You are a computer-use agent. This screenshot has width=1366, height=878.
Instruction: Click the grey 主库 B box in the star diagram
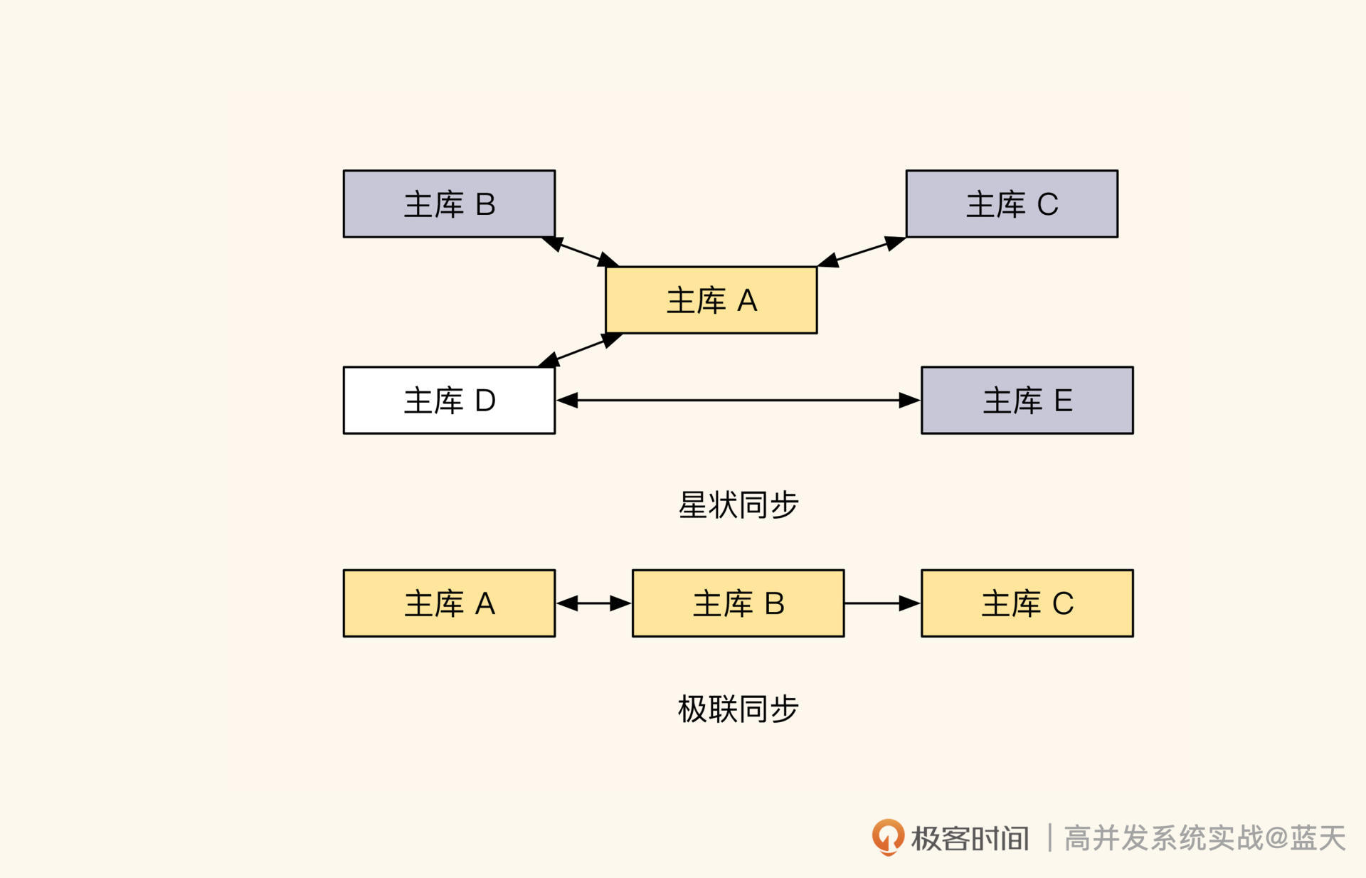coord(449,203)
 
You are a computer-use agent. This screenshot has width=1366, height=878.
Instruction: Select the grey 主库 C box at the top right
coord(1011,203)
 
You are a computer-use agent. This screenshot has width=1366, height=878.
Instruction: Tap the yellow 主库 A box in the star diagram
coord(711,300)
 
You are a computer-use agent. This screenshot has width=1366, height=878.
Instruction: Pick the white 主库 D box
coord(449,400)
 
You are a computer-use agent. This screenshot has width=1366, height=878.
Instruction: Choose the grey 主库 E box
coord(1027,400)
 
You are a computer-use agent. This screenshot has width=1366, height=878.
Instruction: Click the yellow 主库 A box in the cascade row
coord(449,603)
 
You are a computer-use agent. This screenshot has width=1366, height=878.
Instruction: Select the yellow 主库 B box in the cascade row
coord(738,603)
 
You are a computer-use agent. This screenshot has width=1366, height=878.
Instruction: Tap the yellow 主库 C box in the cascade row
coord(1027,603)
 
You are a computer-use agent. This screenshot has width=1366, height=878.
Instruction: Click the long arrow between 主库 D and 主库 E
coord(738,400)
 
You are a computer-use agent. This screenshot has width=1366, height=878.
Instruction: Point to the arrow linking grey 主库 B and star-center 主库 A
coord(581,252)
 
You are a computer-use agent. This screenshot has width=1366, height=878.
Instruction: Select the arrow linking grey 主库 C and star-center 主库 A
coord(861,252)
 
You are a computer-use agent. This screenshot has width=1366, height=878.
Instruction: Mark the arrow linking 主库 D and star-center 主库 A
coord(581,350)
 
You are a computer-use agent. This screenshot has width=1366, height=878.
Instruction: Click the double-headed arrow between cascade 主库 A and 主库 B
coord(593,603)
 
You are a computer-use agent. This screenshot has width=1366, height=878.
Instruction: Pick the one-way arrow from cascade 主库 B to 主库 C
coord(882,603)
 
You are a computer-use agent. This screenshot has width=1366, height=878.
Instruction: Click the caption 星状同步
coord(738,504)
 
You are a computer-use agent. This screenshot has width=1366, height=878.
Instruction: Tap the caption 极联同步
coord(738,709)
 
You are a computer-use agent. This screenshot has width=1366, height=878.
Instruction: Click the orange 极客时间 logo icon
coord(888,836)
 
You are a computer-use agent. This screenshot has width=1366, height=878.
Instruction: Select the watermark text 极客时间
coord(970,838)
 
